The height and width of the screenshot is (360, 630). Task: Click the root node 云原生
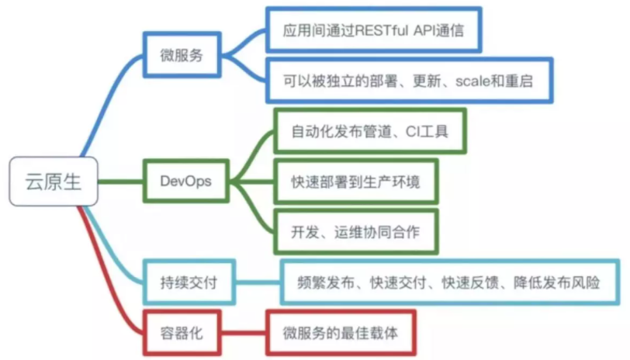click(x=50, y=183)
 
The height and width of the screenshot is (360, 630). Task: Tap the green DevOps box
click(x=186, y=182)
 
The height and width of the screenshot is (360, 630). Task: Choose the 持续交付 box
click(x=186, y=282)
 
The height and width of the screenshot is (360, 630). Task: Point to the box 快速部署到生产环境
click(x=357, y=182)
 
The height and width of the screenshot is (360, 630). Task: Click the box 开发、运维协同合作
click(x=357, y=232)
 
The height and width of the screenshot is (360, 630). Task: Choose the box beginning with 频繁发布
click(x=450, y=282)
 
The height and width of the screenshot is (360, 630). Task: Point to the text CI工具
click(x=426, y=132)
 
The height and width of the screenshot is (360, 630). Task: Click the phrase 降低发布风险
click(x=556, y=282)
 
